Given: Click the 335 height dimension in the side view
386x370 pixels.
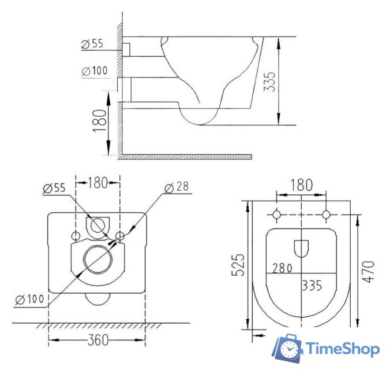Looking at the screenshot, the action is (269, 82).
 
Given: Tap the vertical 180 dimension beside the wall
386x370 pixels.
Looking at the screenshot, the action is (100, 121).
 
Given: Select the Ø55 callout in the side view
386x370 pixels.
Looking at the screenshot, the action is (92, 44).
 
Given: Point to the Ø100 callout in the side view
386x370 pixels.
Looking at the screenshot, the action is (95, 71).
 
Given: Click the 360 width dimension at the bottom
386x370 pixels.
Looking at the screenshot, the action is (98, 340).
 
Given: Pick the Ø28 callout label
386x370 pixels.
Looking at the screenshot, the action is (177, 187).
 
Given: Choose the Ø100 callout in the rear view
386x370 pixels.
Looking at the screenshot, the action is (29, 299).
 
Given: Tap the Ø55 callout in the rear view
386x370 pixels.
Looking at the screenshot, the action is (54, 188).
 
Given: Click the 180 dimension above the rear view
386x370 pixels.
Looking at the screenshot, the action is (98, 183).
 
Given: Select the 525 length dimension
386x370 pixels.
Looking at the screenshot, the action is (238, 264).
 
